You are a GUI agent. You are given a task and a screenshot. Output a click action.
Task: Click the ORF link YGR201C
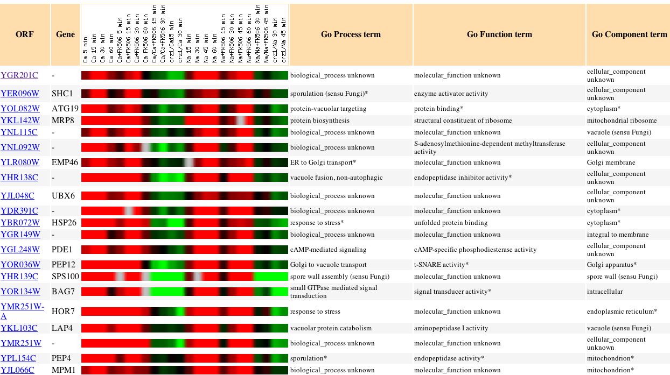pos(19,75)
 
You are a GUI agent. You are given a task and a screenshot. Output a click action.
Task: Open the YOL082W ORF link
pos(20,109)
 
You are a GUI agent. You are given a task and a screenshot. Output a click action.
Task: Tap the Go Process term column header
pos(351,34)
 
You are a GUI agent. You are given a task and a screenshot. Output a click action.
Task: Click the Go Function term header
pos(499,34)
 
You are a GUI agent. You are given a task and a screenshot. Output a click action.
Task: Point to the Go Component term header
pos(629,34)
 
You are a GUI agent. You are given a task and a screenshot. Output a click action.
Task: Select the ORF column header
pos(25,34)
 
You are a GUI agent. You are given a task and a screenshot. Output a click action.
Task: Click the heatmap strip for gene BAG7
pos(185,292)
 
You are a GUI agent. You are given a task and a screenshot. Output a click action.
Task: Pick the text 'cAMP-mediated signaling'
pos(328,250)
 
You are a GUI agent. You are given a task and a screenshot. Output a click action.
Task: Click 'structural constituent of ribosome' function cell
pos(463,121)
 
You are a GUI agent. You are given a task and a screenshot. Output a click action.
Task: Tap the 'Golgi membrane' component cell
pos(611,162)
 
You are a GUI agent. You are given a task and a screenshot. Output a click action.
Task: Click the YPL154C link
pos(18,358)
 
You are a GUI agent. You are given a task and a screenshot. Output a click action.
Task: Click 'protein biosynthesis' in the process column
pos(319,121)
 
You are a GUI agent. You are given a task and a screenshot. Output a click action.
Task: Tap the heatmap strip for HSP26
pos(185,223)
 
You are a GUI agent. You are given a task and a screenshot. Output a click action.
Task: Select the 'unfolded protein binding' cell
pos(451,223)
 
